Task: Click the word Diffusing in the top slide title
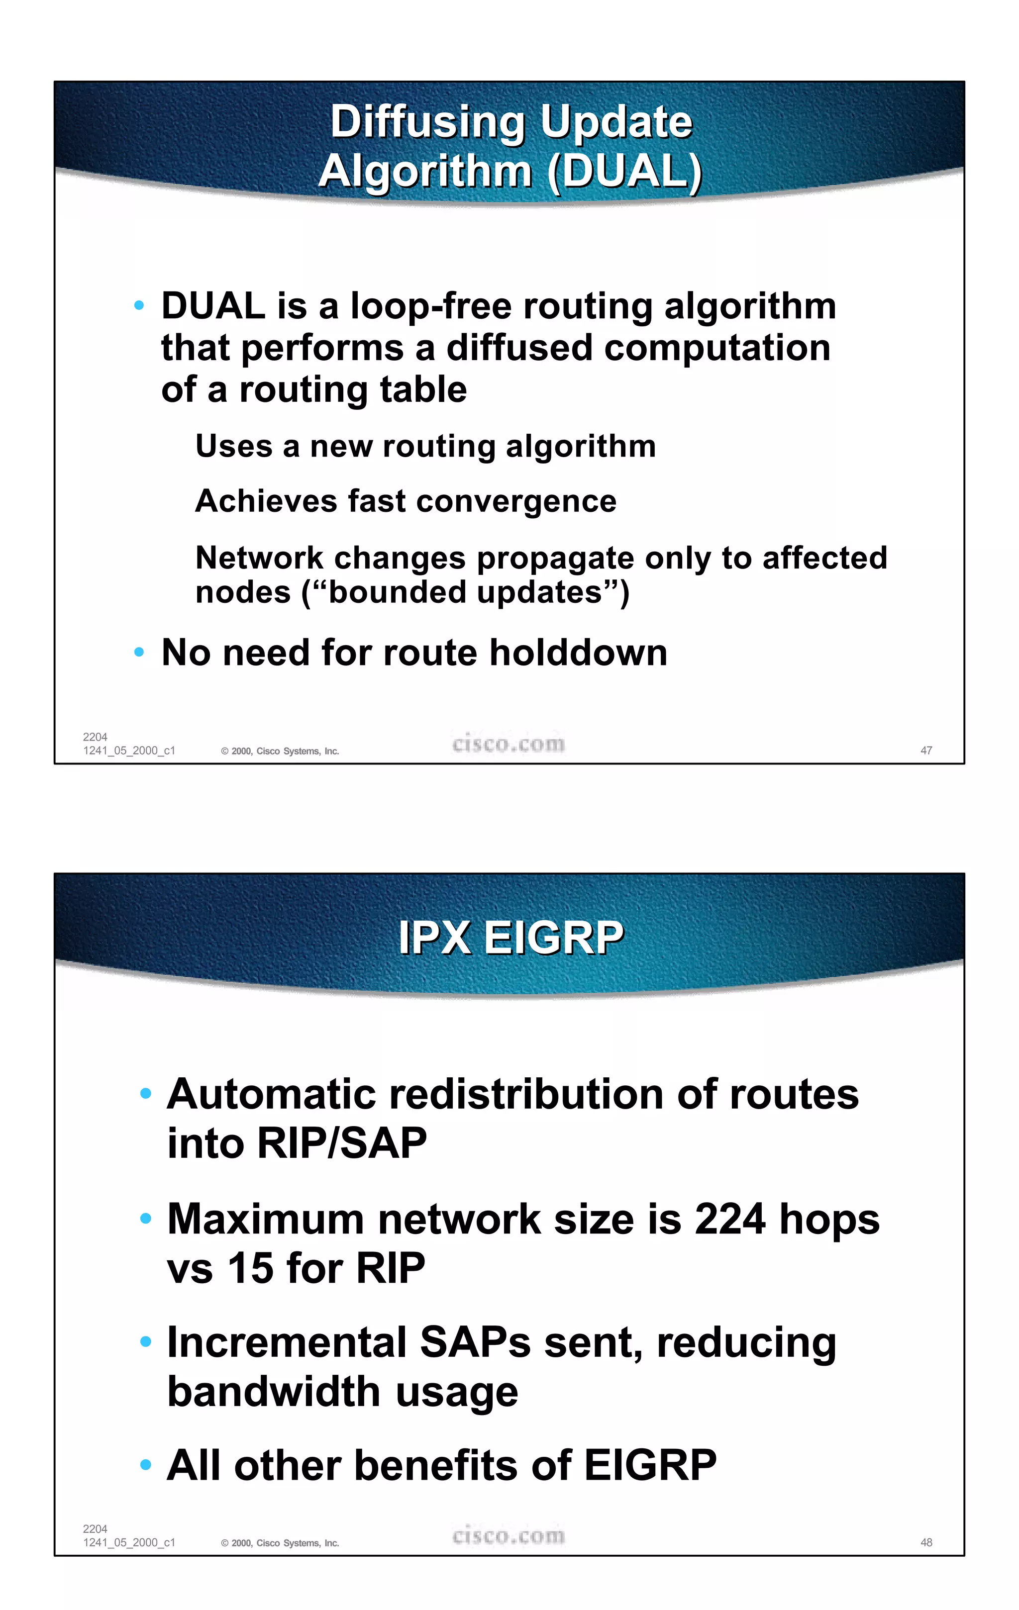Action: click(x=428, y=122)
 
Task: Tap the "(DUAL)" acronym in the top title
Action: click(x=624, y=171)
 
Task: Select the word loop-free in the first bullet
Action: click(x=430, y=306)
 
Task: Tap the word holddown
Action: click(x=578, y=653)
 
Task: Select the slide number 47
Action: click(x=926, y=750)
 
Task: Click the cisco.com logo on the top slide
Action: click(x=508, y=744)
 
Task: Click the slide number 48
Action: click(x=926, y=1542)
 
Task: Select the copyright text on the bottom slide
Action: click(x=280, y=1543)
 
